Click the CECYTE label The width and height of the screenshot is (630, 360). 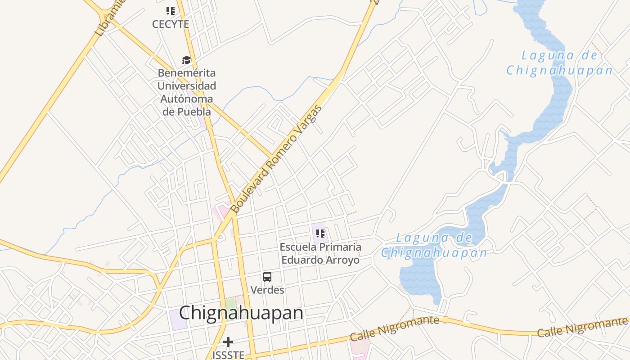[171, 24]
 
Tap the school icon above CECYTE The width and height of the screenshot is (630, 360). [171, 10]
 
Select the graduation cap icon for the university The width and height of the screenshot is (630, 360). [186, 60]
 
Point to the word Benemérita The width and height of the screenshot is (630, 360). [186, 73]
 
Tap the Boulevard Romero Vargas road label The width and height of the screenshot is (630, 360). [276, 159]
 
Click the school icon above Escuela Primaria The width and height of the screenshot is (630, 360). [320, 233]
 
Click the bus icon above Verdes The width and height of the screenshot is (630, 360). [267, 277]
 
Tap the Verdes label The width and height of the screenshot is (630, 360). [267, 290]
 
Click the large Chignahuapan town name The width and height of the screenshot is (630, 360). [241, 313]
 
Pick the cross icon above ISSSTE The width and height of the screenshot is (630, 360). [229, 342]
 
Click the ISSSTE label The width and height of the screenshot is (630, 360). [229, 355]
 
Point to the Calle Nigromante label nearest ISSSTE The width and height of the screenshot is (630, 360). [394, 328]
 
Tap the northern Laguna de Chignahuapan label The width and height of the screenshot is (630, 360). [559, 63]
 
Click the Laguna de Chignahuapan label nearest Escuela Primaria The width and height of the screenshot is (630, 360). [434, 245]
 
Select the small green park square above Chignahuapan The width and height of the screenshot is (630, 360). [231, 304]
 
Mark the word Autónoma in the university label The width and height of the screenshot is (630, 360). [186, 99]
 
